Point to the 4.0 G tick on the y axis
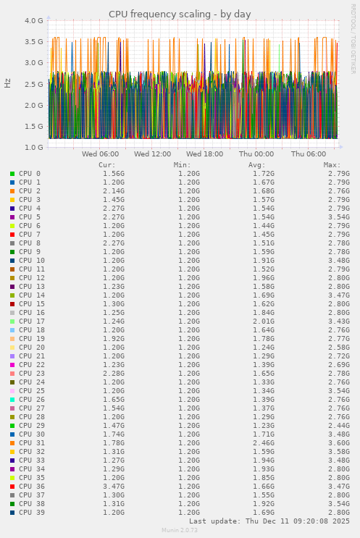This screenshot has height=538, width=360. coord(33,21)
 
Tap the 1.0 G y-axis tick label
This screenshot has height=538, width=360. coord(33,148)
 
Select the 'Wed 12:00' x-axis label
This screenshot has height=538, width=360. coord(152,154)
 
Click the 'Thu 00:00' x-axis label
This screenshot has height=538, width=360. coord(256,154)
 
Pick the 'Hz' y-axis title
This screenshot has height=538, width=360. coord(8,83)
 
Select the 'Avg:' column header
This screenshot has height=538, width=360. coord(257,165)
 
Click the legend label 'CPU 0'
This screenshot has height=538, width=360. coord(30,174)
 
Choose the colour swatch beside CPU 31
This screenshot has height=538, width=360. coord(12,443)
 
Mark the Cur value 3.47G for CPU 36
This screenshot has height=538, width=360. coord(113,487)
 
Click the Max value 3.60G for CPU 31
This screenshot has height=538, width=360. coord(338,443)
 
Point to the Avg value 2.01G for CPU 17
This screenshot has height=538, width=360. coord(266,321)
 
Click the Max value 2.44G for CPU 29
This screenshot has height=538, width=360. coord(338,426)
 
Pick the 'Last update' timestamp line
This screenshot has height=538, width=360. coord(269,521)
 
